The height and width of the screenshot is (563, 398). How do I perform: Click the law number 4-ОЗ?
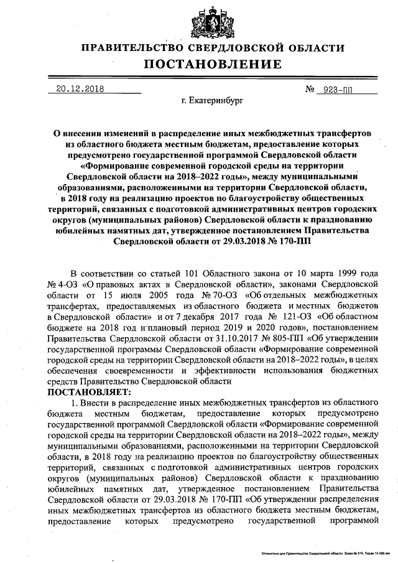click(75, 284)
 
